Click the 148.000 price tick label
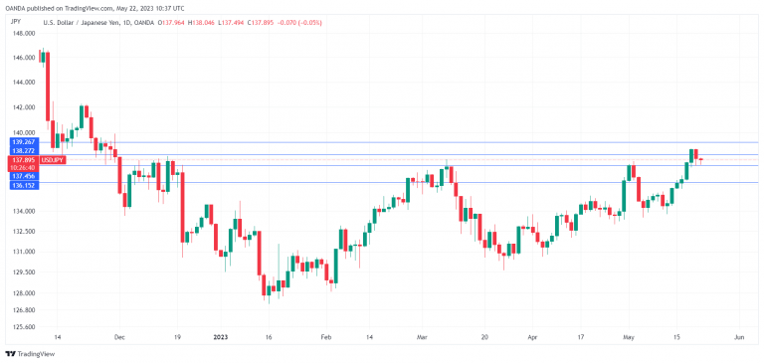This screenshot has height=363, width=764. tap(24, 34)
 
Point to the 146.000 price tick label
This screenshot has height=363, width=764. tap(24, 58)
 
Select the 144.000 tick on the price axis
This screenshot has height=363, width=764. tap(24, 83)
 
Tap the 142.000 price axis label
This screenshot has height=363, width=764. tap(24, 106)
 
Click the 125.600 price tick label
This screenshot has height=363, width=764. tap(24, 326)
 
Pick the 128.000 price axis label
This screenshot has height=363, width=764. tap(24, 293)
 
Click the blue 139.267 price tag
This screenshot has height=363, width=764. tap(24, 142)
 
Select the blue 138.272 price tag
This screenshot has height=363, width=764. tap(24, 150)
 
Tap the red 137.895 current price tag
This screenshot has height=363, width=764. tap(24, 159)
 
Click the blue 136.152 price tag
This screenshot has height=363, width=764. tap(24, 185)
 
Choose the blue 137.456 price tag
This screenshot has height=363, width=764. tap(24, 176)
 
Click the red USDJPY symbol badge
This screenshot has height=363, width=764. tap(54, 159)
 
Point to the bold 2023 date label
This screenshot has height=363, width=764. tap(222, 338)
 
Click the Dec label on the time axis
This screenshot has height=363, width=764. tap(120, 338)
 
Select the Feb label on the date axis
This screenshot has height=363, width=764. tap(325, 338)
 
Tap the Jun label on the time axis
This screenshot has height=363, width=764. tap(738, 338)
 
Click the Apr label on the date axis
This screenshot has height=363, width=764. tap(531, 338)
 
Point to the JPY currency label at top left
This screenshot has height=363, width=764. tap(18, 19)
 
